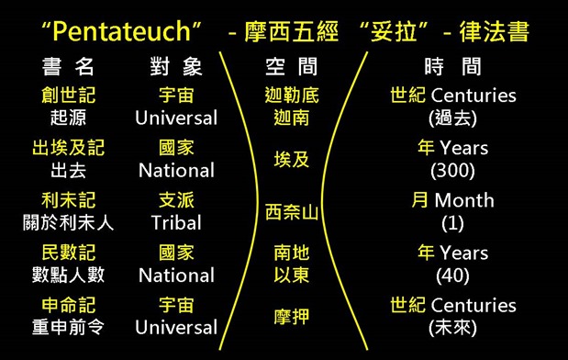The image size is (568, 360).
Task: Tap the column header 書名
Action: tap(68, 67)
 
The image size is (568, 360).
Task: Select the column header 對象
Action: tap(176, 67)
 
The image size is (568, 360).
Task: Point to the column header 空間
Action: tap(292, 67)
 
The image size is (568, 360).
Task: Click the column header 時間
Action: tap(452, 67)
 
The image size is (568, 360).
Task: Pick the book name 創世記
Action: tap(68, 96)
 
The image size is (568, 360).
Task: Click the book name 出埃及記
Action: tap(68, 148)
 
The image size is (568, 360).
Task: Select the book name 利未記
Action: tap(68, 200)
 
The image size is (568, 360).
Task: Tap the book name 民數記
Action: tap(68, 253)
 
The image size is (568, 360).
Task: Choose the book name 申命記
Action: tap(68, 305)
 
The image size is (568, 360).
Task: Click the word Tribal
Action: tap(176, 223)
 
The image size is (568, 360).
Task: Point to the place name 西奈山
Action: tap(292, 212)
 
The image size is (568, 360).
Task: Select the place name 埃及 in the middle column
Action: tap(292, 160)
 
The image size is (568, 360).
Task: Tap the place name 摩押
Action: tap(292, 317)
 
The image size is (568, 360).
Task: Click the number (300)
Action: tap(452, 171)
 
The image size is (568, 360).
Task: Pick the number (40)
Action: tap(452, 276)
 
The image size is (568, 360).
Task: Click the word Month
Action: tap(464, 200)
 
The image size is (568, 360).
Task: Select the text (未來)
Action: tap(452, 328)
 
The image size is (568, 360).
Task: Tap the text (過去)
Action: tap(452, 118)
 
